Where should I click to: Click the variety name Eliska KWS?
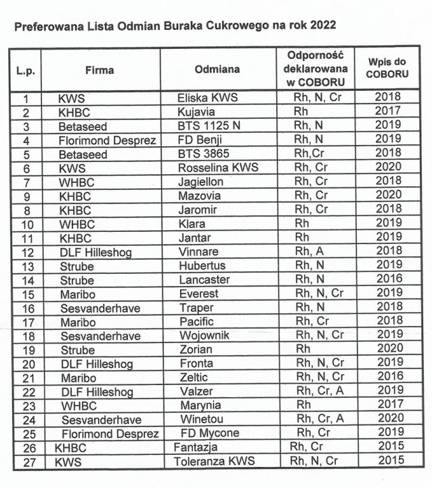point(207,98)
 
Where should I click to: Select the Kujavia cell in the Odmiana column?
point(196,112)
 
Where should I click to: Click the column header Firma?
point(100,70)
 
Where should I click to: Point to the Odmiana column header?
point(216,70)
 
